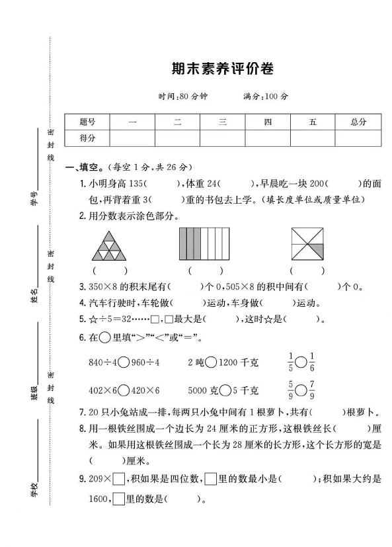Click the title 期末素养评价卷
221,69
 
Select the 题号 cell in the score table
87,122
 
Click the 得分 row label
87,138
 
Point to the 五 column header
312,122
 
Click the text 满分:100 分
266,96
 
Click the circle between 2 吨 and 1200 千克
211,362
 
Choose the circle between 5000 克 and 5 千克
223,390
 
